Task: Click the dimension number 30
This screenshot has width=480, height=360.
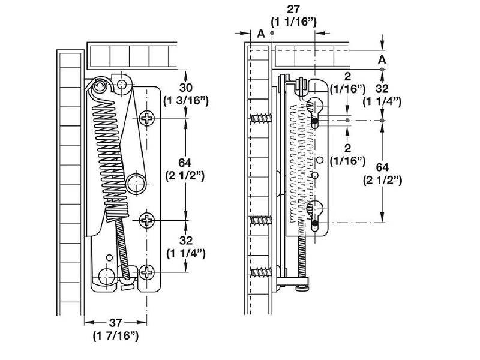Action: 185,88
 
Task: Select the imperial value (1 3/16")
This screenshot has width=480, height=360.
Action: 186,101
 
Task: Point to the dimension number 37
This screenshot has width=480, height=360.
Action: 115,323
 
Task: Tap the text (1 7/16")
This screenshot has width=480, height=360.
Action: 116,336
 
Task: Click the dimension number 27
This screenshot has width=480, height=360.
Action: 293,9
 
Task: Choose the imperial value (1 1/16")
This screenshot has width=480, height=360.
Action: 293,22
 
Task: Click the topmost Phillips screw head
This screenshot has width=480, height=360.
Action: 147,118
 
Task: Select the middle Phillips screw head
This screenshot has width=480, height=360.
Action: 147,220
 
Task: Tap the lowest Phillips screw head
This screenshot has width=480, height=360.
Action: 147,272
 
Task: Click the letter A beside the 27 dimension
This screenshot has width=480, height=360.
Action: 261,34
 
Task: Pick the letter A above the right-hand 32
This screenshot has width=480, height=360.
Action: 382,59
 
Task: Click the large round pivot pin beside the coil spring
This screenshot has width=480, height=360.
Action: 136,184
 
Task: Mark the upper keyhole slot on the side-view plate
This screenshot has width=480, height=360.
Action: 314,112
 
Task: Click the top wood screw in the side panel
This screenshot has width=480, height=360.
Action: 262,118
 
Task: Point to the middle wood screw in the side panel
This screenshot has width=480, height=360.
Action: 262,220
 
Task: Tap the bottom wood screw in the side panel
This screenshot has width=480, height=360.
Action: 262,272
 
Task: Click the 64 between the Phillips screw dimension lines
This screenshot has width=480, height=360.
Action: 185,163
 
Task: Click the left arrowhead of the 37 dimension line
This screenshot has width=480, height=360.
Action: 89,322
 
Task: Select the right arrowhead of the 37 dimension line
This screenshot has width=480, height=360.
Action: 142,322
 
